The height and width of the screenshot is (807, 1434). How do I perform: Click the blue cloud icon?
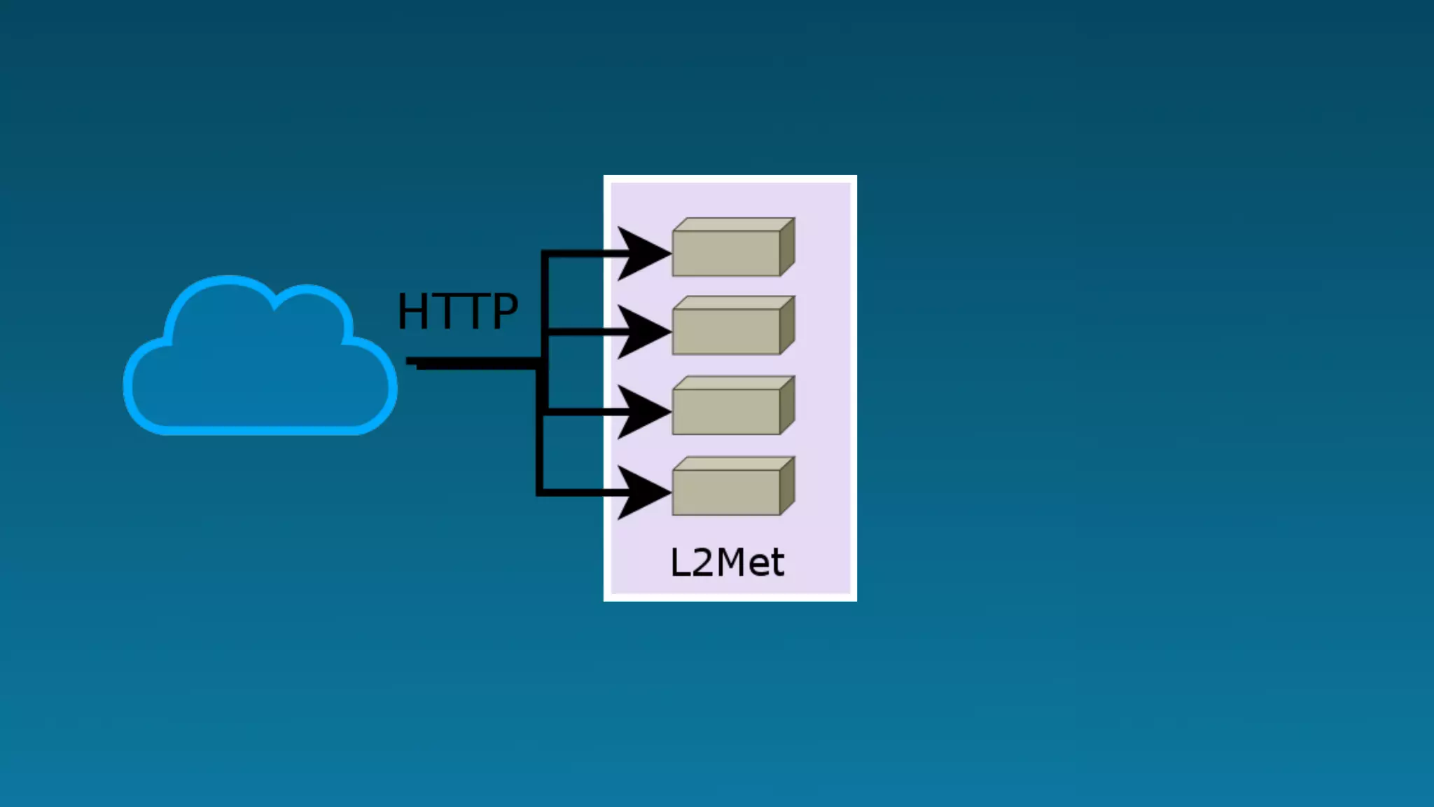[260, 364]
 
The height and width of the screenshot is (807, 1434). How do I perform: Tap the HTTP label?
[457, 311]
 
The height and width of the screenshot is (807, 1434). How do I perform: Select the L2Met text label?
[727, 563]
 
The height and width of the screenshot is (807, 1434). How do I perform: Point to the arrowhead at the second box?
[641, 332]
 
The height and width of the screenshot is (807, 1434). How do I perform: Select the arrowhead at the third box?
[641, 413]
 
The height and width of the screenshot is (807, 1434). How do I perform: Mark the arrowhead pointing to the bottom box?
[641, 493]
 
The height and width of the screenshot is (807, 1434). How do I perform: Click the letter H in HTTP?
[412, 311]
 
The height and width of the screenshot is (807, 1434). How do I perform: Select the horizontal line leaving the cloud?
[476, 363]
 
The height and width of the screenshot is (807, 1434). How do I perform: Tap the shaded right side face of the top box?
[787, 247]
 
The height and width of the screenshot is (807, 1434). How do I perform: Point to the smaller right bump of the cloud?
[312, 312]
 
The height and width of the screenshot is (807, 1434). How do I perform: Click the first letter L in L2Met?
[680, 563]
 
